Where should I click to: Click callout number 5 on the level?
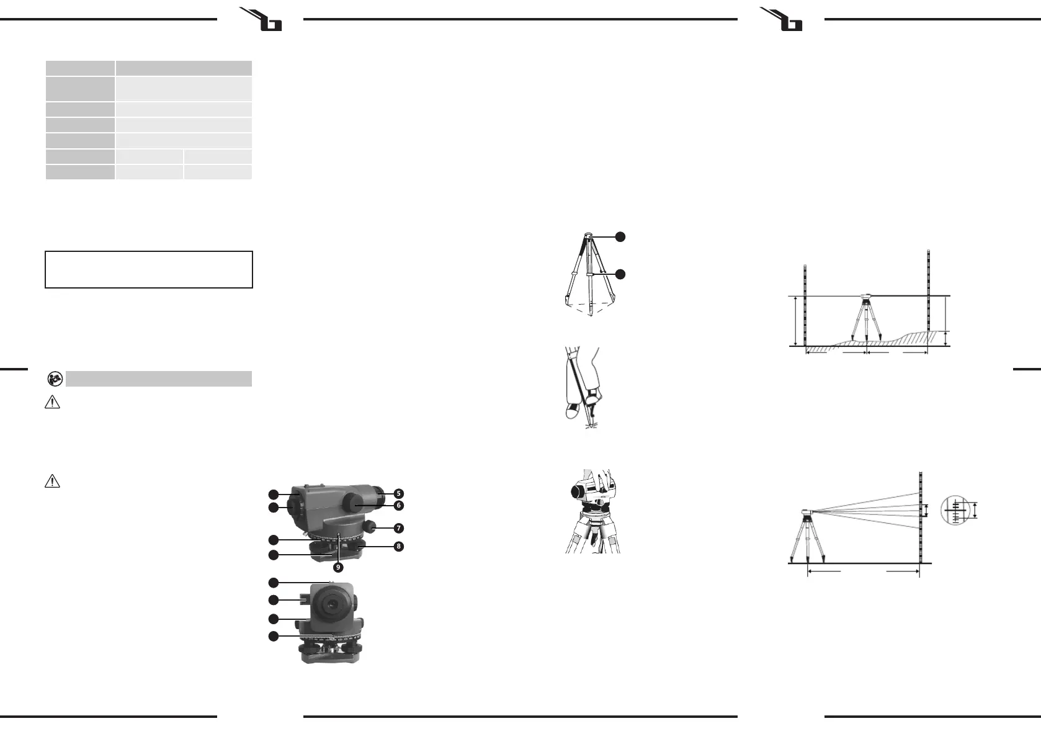[x=399, y=494]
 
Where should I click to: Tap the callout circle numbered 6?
[x=399, y=506]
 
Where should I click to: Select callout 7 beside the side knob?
[x=399, y=528]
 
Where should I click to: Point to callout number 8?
[x=399, y=547]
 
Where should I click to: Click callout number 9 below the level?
[x=338, y=567]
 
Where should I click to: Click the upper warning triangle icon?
[x=53, y=403]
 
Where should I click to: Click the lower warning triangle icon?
[x=53, y=481]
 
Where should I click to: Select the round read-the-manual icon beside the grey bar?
[x=55, y=378]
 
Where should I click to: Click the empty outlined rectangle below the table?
[x=149, y=270]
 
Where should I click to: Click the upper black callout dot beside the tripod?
[x=620, y=236]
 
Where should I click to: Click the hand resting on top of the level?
[x=603, y=478]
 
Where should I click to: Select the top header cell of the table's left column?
[x=80, y=68]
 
